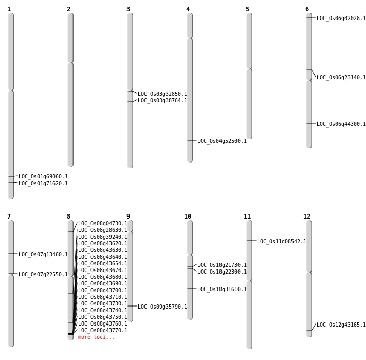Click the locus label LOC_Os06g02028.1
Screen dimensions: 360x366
click(341, 19)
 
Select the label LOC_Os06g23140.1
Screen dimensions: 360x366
click(341, 78)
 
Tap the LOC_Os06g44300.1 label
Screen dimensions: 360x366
click(341, 124)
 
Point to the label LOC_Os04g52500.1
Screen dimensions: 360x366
click(222, 141)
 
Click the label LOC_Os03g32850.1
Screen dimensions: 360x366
click(162, 94)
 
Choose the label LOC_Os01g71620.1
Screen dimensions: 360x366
click(43, 184)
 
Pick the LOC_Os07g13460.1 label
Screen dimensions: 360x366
click(43, 255)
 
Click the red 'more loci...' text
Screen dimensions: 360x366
click(96, 337)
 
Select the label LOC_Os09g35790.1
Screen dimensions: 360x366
click(162, 307)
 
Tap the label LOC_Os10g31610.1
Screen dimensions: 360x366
click(222, 290)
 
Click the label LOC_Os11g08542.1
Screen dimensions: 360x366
click(281, 242)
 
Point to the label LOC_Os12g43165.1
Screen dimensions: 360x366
click(341, 325)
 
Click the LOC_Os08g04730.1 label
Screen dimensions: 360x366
click(102, 224)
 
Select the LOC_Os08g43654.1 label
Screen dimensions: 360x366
click(102, 264)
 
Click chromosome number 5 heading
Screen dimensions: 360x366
click(247, 9)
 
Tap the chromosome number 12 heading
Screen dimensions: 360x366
click(307, 217)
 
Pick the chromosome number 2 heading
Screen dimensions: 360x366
click(68, 9)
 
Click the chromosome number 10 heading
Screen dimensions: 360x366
click(188, 217)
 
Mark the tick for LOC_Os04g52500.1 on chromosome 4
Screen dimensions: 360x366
click(190, 140)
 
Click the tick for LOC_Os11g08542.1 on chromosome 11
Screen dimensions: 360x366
click(249, 241)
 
